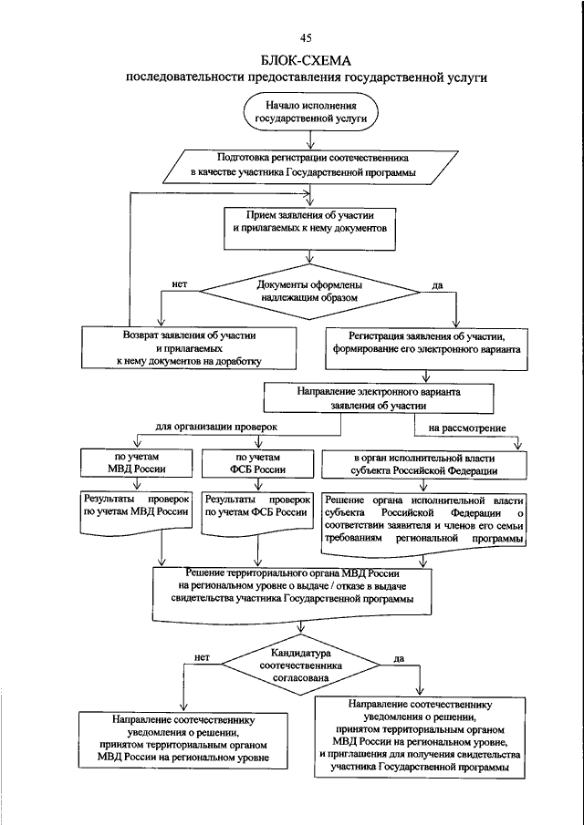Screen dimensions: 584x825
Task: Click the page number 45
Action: pyautogui.click(x=307, y=37)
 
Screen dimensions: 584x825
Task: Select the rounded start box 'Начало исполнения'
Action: pyautogui.click(x=310, y=111)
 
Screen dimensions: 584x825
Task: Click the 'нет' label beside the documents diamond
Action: pyautogui.click(x=180, y=284)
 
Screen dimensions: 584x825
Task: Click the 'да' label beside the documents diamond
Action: pyautogui.click(x=436, y=284)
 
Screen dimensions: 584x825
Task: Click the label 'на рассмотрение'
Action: pyautogui.click(x=467, y=428)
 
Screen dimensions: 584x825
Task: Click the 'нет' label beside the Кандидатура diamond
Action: pyautogui.click(x=202, y=657)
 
